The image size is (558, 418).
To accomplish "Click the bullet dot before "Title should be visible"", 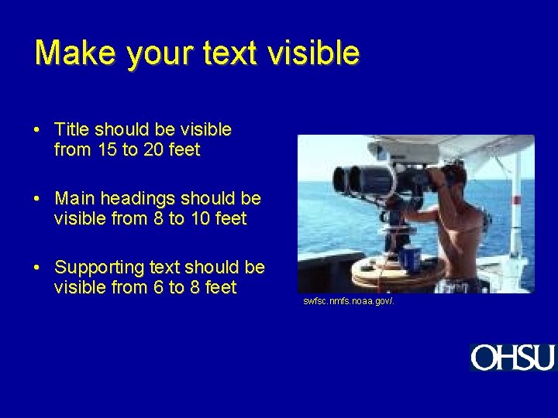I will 38,130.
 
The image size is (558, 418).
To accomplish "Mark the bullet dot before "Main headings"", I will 38,199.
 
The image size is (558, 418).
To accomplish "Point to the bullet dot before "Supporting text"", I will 38,268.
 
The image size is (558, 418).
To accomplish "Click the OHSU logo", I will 512,358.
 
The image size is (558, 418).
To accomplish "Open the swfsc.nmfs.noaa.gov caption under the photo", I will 348,300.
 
